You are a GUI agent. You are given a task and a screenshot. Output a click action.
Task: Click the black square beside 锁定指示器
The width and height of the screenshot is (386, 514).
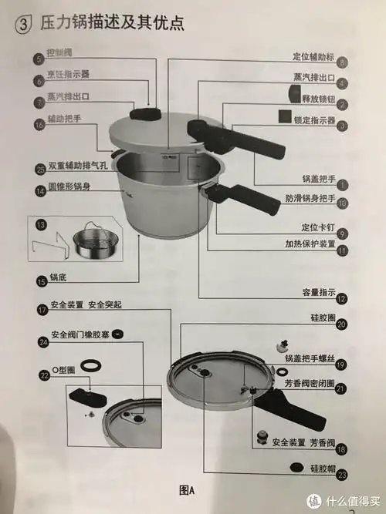[285, 117]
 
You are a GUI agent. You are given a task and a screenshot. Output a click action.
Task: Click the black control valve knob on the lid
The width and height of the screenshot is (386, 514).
[144, 113]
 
